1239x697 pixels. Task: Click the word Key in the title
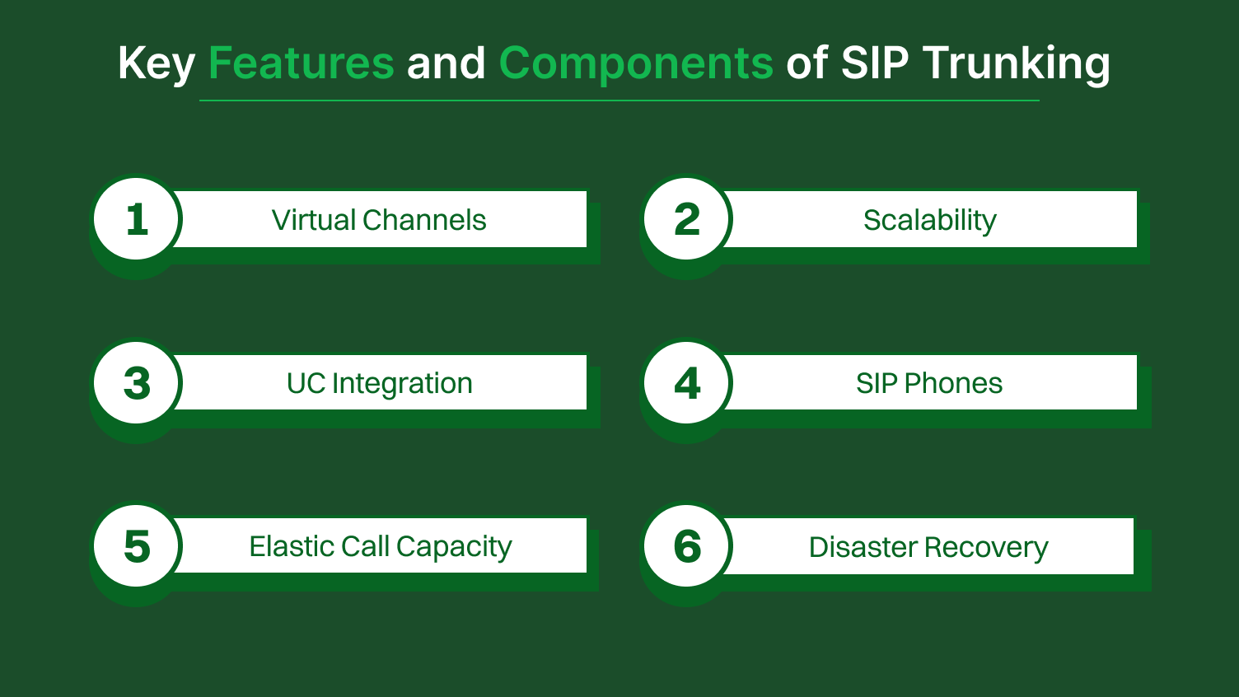[x=156, y=63]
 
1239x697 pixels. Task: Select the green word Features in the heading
[x=302, y=63]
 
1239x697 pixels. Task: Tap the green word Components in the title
[x=636, y=63]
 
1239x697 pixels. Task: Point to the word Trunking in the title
[x=1017, y=63]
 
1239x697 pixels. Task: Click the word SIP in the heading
[x=875, y=63]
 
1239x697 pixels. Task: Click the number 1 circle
[x=137, y=219]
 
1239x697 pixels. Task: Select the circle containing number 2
[x=687, y=219]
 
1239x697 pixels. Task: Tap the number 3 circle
[x=137, y=383]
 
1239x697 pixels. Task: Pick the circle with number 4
[x=687, y=383]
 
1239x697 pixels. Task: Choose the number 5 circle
[x=137, y=546]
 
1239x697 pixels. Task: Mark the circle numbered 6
[x=687, y=546]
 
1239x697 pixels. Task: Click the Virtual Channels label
[x=379, y=220]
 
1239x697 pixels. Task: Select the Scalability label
[x=929, y=220]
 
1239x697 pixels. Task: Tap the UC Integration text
[x=379, y=383]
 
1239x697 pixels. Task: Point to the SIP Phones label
[x=929, y=383]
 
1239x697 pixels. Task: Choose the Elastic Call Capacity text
[x=380, y=546]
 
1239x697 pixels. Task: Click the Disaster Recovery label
[x=928, y=547]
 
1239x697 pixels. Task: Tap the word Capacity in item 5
[x=454, y=547]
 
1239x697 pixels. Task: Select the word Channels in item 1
[x=424, y=220]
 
